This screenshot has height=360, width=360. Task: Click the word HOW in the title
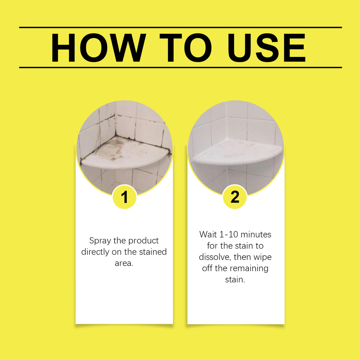coord(98,48)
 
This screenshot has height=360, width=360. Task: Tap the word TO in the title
coord(185,48)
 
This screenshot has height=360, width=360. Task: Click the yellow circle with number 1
coord(125,197)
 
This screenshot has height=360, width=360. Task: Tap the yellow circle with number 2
coord(235,197)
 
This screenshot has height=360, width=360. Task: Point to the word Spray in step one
coord(100,240)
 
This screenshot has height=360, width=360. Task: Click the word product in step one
coord(144,240)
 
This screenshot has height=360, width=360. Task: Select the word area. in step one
coord(124,263)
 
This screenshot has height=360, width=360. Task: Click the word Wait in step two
coord(208,235)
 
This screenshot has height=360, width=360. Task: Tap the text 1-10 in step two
coord(229,235)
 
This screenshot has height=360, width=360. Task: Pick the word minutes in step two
coord(256,235)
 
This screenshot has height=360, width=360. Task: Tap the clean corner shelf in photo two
coord(237,153)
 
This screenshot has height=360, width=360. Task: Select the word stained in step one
coord(153,252)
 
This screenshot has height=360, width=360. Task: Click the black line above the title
coord(180,28)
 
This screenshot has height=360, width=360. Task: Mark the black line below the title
coord(180,68)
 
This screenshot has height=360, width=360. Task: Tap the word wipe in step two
coord(262,257)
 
